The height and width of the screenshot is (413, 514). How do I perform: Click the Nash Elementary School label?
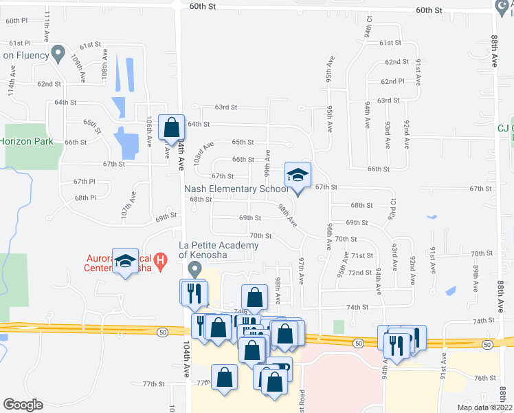[236, 189]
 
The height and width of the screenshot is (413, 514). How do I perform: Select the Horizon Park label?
[27, 141]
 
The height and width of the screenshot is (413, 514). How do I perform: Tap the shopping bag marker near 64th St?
[171, 127]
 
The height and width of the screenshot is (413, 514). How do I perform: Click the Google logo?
[23, 405]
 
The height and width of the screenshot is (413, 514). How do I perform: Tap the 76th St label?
[484, 378]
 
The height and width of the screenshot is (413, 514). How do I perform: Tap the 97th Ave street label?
[302, 269]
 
